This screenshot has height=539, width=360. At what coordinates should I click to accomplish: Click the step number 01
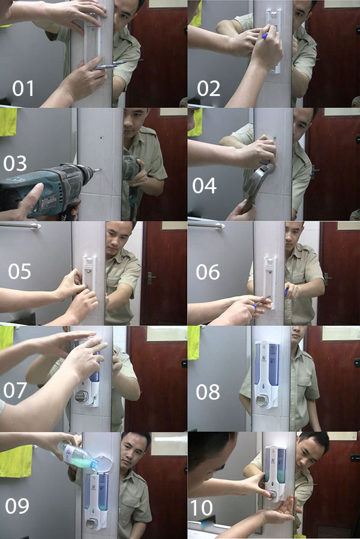click(x=23, y=89)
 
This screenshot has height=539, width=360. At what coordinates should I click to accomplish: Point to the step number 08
click(x=208, y=392)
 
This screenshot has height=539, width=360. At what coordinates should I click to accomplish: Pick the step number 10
click(x=202, y=508)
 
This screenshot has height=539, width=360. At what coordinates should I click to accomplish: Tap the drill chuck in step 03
click(x=87, y=174)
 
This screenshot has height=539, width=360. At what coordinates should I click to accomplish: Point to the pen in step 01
click(x=110, y=65)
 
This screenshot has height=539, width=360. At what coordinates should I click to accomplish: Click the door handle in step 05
click(x=151, y=277)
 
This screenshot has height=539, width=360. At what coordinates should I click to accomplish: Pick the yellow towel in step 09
click(x=15, y=461)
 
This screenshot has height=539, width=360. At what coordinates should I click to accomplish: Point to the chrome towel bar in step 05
click(x=21, y=226)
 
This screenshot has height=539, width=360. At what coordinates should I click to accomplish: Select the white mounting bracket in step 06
click(x=269, y=279)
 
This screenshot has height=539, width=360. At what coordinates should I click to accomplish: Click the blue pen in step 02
click(x=265, y=37)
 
